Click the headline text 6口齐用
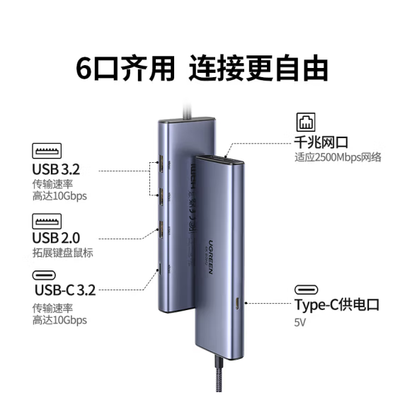[125, 68]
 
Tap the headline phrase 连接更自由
[258, 68]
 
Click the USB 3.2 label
[56, 169]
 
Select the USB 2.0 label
[56, 238]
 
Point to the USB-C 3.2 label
[65, 290]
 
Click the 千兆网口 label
[321, 142]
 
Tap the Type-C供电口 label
[337, 304]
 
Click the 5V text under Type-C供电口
[299, 322]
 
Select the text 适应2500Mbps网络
[338, 157]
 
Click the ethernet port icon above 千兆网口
[306, 122]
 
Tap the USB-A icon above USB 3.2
[47, 151]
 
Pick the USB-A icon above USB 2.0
[47, 221]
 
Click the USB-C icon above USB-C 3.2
[44, 275]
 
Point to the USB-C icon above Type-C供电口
[306, 290]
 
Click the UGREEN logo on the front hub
[211, 257]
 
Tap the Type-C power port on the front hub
[237, 303]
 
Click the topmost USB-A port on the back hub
[161, 164]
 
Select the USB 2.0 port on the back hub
[161, 230]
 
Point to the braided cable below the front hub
[219, 378]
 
